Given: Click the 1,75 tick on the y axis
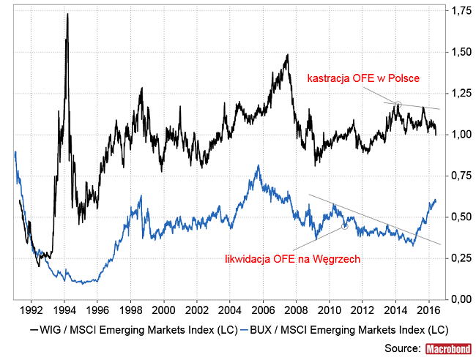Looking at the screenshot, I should coord(461,12).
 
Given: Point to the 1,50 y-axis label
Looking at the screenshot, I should coord(461,53).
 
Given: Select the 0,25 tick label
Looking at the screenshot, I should coord(461,258).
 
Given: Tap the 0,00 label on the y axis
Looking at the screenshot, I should coord(461,299).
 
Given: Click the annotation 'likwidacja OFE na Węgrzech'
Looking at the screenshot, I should coord(291,258).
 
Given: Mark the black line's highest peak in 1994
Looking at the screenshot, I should coord(67,15).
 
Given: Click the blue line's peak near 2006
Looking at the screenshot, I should coord(258,166).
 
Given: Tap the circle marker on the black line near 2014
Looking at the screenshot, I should coord(398,105).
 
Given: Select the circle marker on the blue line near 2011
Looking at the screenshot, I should coord(343,226).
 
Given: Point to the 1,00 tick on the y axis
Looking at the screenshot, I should coord(461,135).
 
